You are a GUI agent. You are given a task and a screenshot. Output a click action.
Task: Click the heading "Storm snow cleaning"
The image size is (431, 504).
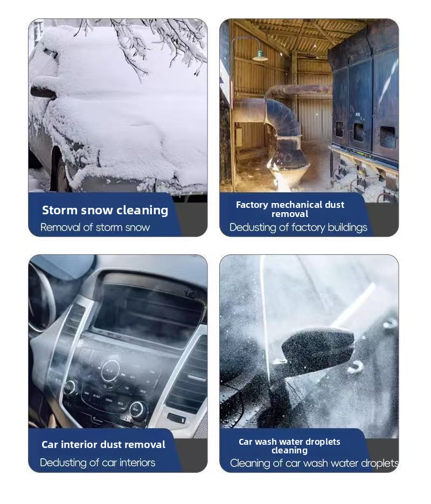point(105,210)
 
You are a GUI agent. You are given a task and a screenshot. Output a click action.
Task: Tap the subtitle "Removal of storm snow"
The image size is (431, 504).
point(95,227)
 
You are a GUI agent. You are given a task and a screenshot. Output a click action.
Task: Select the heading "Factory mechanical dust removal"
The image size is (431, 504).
point(290,209)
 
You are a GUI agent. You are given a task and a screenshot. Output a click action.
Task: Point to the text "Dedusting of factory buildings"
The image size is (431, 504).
point(298,227)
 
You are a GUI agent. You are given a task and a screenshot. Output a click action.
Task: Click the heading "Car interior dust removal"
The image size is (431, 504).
point(103,445)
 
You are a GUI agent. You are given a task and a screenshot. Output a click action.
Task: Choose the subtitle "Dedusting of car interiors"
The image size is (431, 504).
point(98,463)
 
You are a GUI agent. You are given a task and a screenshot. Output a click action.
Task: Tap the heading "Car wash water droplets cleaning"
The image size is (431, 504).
point(289,446)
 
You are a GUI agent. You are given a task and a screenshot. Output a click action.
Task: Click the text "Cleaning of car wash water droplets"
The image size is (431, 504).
point(314,463)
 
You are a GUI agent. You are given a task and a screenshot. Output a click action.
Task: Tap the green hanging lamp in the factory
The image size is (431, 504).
point(260,57)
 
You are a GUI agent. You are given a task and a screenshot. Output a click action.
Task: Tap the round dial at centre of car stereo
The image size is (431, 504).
point(110,370)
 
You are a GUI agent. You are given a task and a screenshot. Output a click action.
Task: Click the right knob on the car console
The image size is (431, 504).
point(137,409)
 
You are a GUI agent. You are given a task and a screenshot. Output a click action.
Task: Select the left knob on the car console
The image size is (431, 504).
point(70,387)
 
